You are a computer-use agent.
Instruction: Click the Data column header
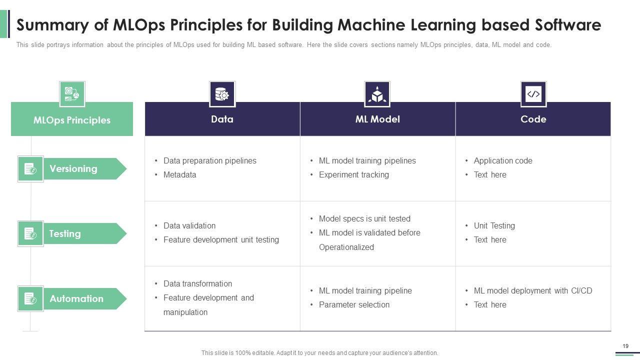(x=222, y=119)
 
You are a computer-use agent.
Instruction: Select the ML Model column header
(x=377, y=119)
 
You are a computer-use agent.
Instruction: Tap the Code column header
(x=533, y=119)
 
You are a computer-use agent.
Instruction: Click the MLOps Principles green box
(x=72, y=120)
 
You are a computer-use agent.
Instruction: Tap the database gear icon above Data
(x=222, y=94)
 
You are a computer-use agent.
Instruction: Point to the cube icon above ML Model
(x=377, y=94)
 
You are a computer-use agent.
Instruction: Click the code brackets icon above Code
(x=533, y=94)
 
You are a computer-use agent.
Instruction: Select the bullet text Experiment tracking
(x=353, y=174)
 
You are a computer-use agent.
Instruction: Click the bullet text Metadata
(x=179, y=174)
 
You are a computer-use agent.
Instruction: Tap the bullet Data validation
(x=189, y=225)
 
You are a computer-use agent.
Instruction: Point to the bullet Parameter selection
(x=354, y=304)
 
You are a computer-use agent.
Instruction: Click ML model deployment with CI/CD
(x=532, y=290)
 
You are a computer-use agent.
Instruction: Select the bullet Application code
(x=502, y=160)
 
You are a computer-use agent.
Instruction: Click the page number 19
(x=625, y=346)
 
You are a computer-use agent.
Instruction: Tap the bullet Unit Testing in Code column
(x=494, y=225)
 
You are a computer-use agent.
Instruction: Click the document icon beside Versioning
(x=30, y=169)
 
